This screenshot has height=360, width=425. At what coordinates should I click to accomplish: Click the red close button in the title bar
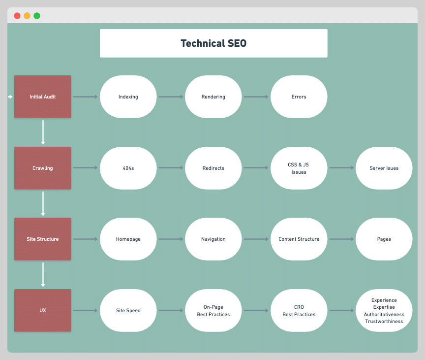tap(17, 16)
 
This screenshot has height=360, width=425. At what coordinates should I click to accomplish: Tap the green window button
tap(37, 16)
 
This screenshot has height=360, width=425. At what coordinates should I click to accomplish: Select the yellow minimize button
tap(27, 16)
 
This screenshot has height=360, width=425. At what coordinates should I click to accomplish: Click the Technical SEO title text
tap(213, 43)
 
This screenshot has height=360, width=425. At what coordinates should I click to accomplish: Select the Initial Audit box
tap(43, 97)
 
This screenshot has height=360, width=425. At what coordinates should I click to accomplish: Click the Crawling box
tap(43, 168)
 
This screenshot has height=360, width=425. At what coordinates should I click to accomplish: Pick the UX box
tap(43, 310)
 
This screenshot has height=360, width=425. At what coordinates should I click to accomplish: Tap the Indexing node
tap(128, 97)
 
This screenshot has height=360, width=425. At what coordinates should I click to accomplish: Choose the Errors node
tap(299, 97)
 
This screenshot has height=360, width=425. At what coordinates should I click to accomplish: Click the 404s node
tap(128, 168)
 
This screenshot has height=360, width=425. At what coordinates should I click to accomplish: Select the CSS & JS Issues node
tap(299, 168)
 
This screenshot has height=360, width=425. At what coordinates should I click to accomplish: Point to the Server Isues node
tap(384, 168)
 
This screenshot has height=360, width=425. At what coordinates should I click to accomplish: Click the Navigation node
tap(213, 239)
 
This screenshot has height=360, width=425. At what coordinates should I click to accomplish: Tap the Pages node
tap(384, 239)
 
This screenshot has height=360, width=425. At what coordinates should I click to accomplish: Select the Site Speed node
tap(128, 310)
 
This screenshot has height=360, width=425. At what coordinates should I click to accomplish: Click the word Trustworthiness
tap(384, 322)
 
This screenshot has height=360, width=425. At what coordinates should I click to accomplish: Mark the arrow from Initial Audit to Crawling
tap(43, 132)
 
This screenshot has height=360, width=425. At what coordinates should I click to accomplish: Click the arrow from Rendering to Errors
tap(256, 97)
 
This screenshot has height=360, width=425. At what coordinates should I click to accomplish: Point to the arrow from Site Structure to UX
tap(43, 274)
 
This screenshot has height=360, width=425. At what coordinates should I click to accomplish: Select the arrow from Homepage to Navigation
tap(171, 239)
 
